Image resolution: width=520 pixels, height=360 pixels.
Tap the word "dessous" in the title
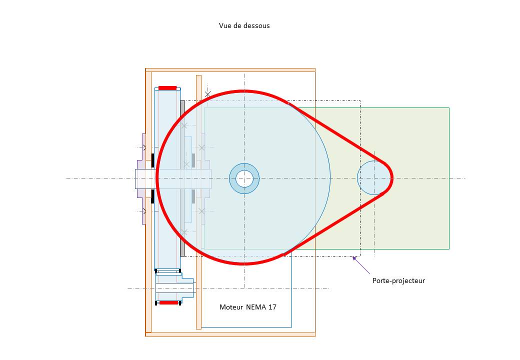click(x=257, y=25)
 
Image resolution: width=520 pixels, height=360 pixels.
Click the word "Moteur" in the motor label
click(x=231, y=307)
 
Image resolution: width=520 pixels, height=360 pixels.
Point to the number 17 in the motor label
click(x=272, y=307)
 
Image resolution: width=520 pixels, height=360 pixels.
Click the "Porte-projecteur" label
click(x=398, y=280)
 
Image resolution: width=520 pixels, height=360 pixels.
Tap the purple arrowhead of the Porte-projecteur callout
click(x=354, y=258)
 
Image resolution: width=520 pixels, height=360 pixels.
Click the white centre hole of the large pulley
click(x=244, y=178)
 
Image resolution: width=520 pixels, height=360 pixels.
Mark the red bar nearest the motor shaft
click(x=168, y=302)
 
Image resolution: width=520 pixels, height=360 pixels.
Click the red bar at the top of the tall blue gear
click(x=167, y=88)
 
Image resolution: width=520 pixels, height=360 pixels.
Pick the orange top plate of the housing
click(x=230, y=70)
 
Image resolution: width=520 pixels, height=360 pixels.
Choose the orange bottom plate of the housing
click(x=230, y=334)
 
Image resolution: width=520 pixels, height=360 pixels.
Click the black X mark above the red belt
click(x=208, y=94)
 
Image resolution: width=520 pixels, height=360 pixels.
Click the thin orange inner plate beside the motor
click(x=198, y=300)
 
